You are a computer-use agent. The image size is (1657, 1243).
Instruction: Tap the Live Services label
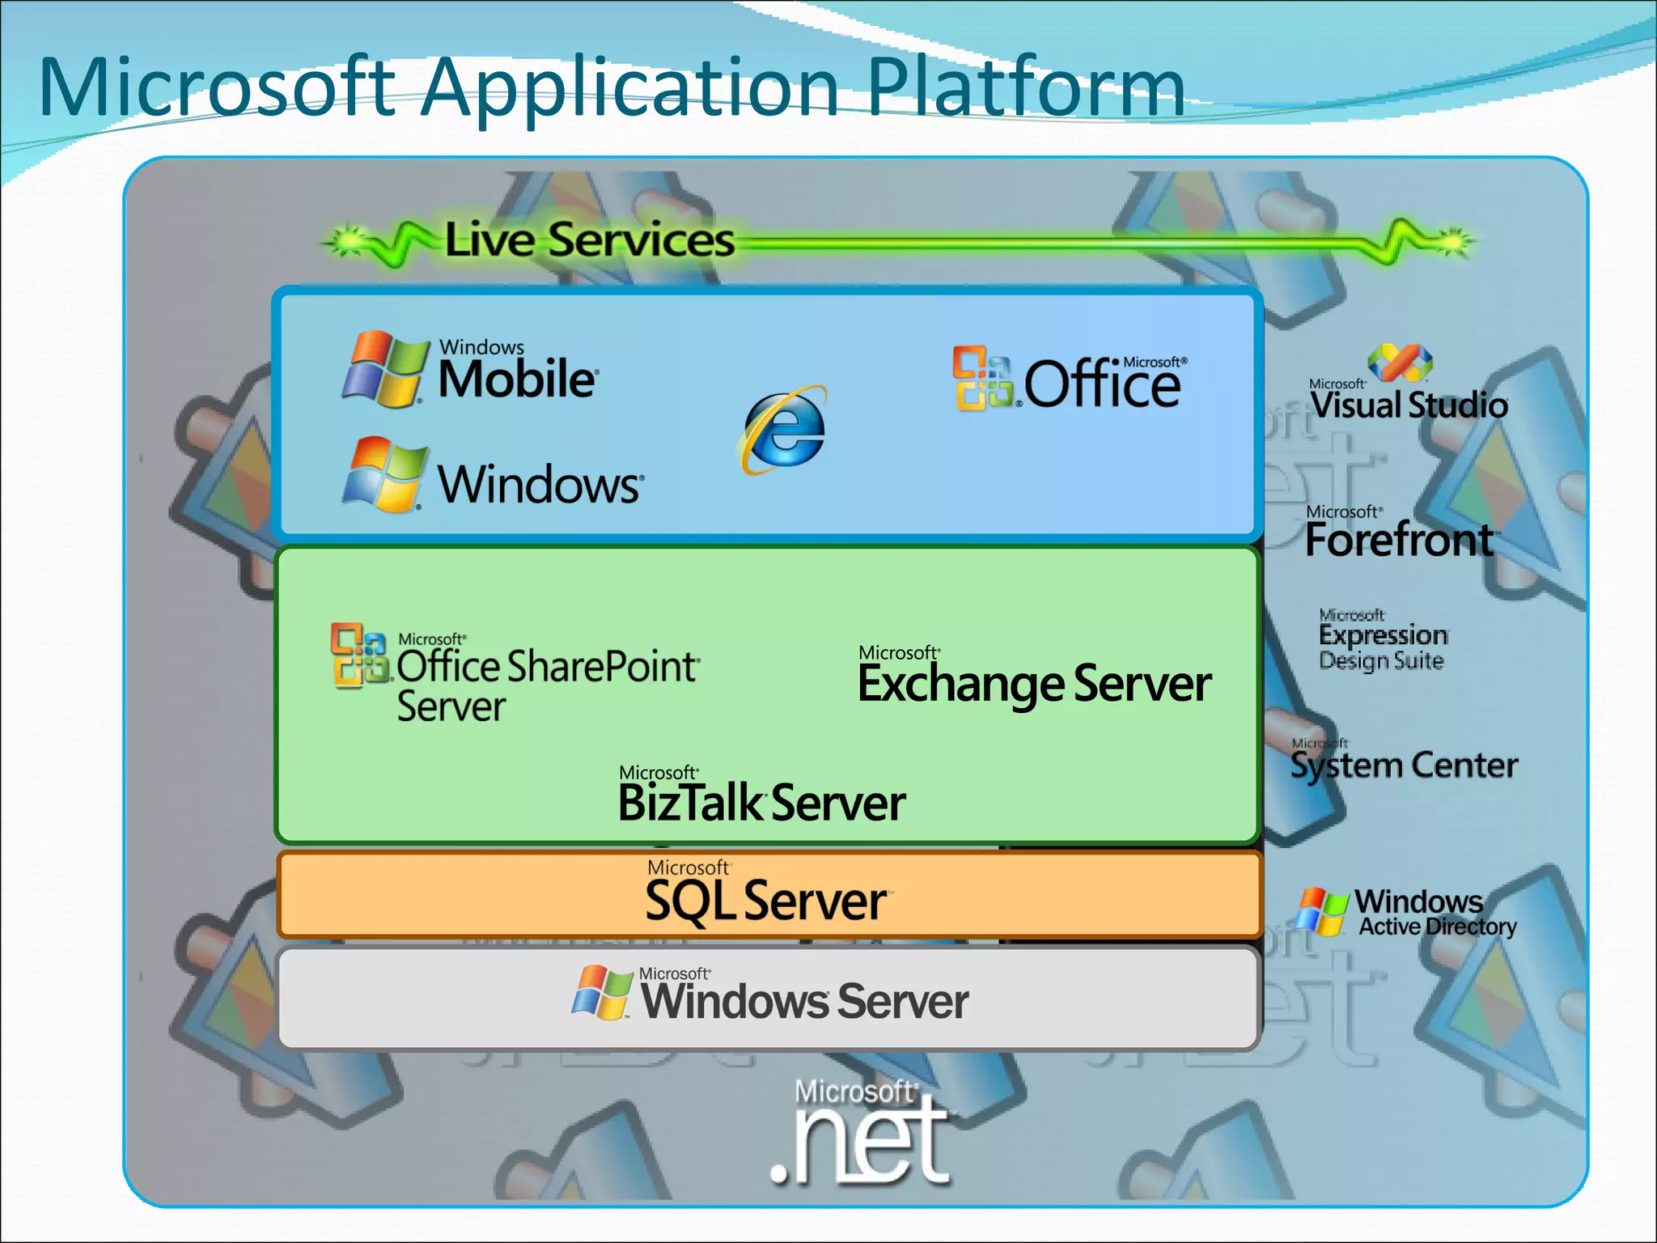point(589,240)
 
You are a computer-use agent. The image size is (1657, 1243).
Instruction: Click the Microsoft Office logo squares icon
point(982,378)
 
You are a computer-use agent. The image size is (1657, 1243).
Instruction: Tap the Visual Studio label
point(1409,405)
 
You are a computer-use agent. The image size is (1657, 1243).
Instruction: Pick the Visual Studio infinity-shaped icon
point(1400,361)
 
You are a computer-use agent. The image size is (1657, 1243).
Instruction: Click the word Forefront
point(1400,540)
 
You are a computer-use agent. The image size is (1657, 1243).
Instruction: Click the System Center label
point(1404,765)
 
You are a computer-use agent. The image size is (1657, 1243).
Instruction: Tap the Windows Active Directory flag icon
point(1322,911)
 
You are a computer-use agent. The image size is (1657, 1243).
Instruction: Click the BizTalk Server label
point(761,803)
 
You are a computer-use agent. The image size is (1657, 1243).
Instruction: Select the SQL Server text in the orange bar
point(765,901)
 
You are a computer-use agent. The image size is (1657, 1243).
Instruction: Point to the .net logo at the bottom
point(859,1137)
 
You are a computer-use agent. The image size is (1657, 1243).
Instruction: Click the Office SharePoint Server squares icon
point(359,655)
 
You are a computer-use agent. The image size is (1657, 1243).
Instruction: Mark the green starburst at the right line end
point(1454,240)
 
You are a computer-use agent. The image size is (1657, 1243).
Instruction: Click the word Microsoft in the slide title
point(217,87)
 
